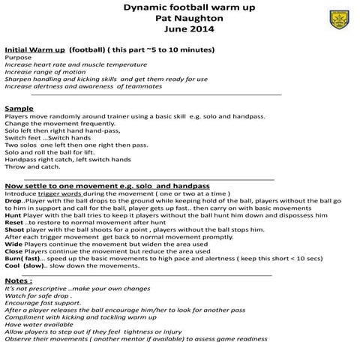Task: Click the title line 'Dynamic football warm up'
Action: pyautogui.click(x=179, y=7)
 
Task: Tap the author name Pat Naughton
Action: pyautogui.click(x=179, y=18)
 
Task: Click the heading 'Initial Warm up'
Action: pyautogui.click(x=34, y=49)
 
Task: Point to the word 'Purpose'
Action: pyautogui.click(x=18, y=57)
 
